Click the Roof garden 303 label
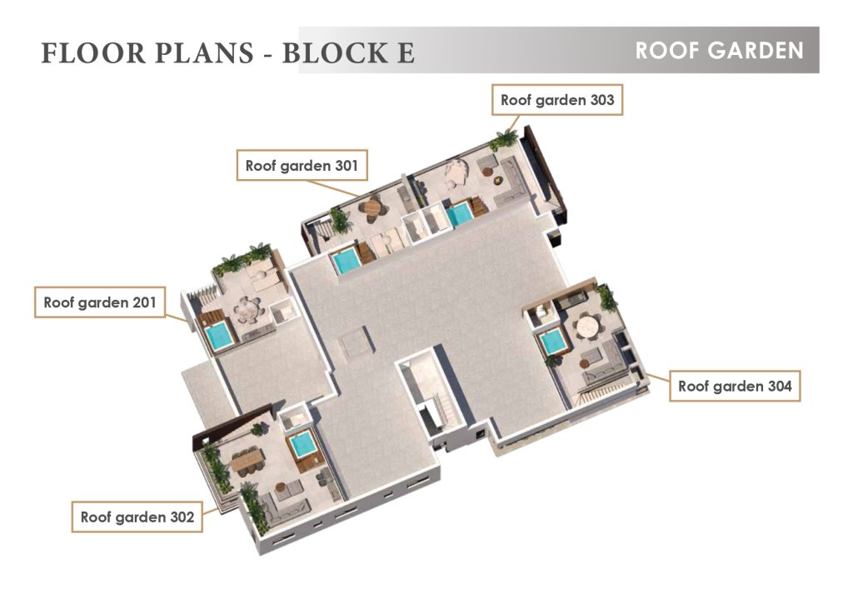pyautogui.click(x=557, y=100)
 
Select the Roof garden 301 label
pyautogui.click(x=302, y=166)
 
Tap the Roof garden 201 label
pyautogui.click(x=100, y=302)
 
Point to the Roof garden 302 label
pyautogui.click(x=137, y=517)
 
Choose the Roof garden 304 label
pyautogui.click(x=735, y=386)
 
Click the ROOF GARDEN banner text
pyautogui.click(x=719, y=51)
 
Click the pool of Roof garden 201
pyautogui.click(x=221, y=335)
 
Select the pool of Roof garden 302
pyautogui.click(x=301, y=445)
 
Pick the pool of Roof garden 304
pyautogui.click(x=553, y=343)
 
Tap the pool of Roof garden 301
pyautogui.click(x=347, y=261)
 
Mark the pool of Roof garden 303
pyautogui.click(x=461, y=214)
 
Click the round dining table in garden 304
pyautogui.click(x=588, y=327)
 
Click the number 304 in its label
pyautogui.click(x=780, y=386)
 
